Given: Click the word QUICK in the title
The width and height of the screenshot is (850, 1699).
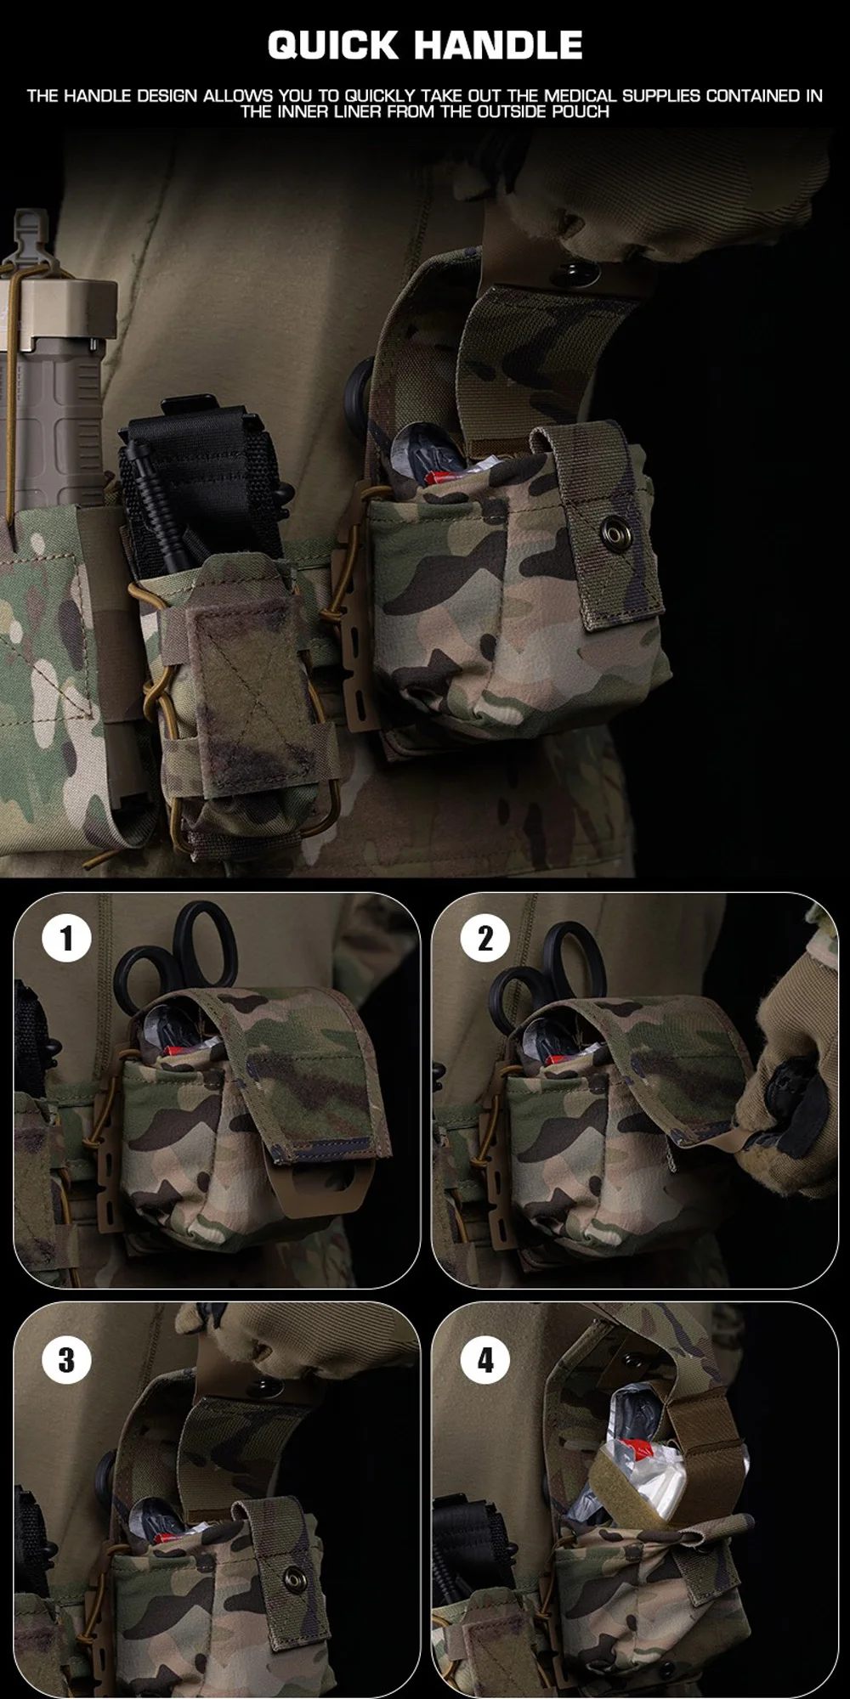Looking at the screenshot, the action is (x=333, y=45).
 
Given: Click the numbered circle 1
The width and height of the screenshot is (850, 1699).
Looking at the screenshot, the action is (x=66, y=939).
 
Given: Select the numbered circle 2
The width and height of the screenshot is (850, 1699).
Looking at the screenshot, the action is (x=485, y=939).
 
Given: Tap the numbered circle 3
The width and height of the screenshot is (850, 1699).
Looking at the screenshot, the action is (x=66, y=1360).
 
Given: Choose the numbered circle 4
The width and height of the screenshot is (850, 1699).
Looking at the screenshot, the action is (x=485, y=1360).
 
